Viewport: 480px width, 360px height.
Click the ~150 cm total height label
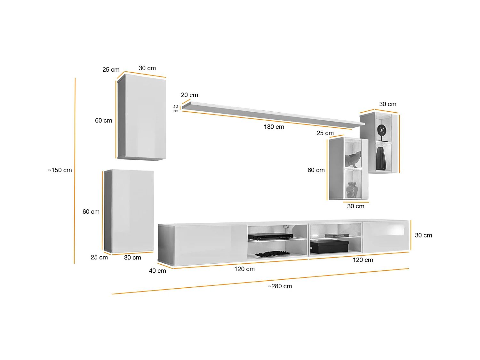(x=60, y=170)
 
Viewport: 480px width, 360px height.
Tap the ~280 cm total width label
(x=280, y=286)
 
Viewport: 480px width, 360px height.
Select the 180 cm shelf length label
(x=274, y=127)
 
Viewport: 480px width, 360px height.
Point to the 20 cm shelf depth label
(x=189, y=95)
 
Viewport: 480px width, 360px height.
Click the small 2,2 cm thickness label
(x=176, y=109)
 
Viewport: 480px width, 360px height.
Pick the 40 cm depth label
(x=157, y=271)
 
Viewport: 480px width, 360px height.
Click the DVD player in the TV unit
(x=270, y=236)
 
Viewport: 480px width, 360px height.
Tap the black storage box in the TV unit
(x=329, y=246)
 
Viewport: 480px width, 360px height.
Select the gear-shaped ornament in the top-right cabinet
(x=382, y=130)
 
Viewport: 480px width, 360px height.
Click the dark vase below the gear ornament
(x=381, y=158)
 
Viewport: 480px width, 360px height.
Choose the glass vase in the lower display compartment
(x=352, y=189)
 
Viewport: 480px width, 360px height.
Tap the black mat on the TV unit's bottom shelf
(x=272, y=254)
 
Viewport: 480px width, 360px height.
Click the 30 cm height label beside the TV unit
(x=423, y=236)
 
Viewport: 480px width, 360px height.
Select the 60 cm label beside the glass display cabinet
(x=316, y=170)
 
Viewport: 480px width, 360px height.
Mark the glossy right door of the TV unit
(x=385, y=236)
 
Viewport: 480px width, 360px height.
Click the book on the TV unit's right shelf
(x=337, y=236)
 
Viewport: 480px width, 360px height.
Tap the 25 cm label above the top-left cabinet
(x=111, y=70)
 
